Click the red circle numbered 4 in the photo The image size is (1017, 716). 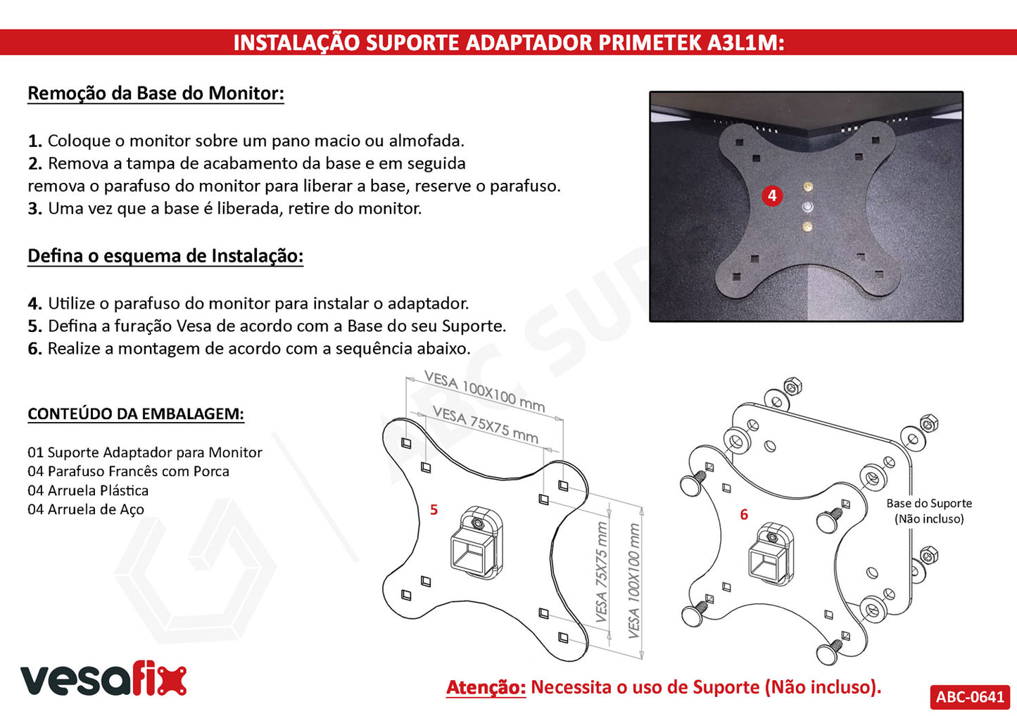click(772, 196)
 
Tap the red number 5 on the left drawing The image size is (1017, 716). click(434, 510)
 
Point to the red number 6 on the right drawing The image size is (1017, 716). click(744, 515)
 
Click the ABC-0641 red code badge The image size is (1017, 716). click(970, 696)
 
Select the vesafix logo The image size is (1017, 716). click(103, 680)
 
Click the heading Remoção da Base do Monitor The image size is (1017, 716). click(156, 94)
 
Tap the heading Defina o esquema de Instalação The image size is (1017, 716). click(165, 256)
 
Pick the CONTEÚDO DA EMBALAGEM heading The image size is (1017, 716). click(136, 414)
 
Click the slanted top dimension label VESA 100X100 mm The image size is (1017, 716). click(484, 391)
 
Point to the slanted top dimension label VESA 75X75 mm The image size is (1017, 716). click(486, 425)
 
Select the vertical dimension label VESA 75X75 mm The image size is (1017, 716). click(600, 572)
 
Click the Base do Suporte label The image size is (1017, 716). click(929, 503)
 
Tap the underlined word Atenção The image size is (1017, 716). click(486, 687)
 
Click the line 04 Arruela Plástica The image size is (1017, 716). click(88, 490)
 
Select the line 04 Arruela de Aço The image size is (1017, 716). click(86, 509)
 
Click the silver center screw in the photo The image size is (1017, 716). click(808, 207)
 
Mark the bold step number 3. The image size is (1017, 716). click(34, 209)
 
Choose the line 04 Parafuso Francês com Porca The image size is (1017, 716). click(129, 471)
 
